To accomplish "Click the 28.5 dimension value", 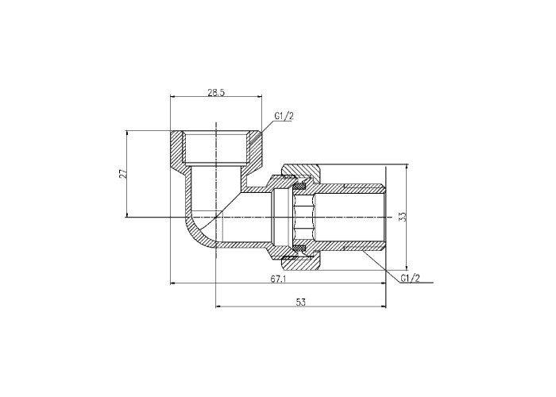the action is click(216, 93).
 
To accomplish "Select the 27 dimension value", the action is click(123, 174).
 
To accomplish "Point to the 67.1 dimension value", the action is click(278, 279).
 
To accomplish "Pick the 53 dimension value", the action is click(301, 302).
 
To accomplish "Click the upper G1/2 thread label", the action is click(284, 116).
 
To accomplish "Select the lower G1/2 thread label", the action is click(411, 278).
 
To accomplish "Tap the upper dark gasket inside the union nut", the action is click(300, 186).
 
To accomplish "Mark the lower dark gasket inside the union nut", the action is click(300, 248).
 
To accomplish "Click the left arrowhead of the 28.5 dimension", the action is click(173, 95).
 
